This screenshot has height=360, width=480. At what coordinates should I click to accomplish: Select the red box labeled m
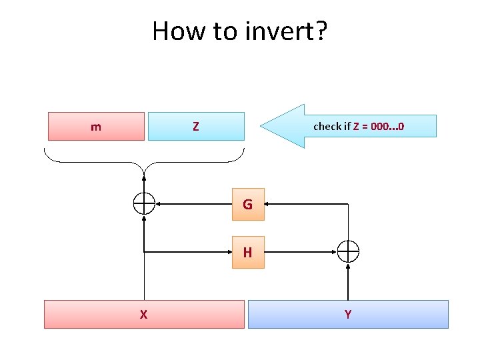(96, 126)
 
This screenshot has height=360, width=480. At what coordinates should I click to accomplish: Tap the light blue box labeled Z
(195, 126)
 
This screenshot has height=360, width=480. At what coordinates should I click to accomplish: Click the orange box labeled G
(248, 204)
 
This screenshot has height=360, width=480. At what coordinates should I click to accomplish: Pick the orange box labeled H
(248, 252)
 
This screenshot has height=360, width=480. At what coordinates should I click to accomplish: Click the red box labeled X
(144, 314)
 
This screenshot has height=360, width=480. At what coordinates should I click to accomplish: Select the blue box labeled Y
(348, 314)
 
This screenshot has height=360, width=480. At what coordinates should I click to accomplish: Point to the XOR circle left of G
(144, 203)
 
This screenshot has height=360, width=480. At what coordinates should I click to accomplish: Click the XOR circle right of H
(348, 251)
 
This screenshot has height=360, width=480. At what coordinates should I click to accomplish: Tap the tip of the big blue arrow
(262, 125)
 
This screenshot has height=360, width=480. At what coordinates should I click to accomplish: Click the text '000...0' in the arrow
(387, 126)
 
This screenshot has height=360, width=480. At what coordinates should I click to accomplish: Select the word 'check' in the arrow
(327, 126)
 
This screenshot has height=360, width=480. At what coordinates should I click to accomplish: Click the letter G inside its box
(247, 205)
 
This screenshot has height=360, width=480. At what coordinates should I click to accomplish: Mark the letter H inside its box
(247, 253)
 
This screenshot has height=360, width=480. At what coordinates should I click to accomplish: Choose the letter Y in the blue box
(348, 315)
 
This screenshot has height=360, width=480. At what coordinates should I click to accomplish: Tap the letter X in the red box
(143, 315)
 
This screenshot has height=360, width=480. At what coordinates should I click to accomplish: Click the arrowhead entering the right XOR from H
(334, 252)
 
